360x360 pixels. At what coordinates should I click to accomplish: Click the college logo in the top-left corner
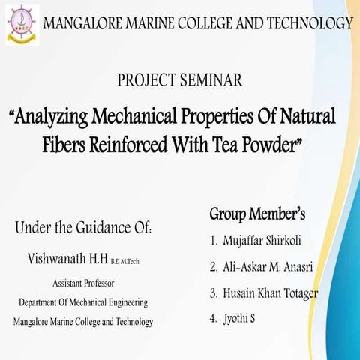pos(22,24)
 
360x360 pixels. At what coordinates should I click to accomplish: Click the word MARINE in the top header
pos(157,23)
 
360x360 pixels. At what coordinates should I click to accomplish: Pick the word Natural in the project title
pos(308,117)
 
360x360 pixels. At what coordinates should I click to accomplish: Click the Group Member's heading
pos(257,215)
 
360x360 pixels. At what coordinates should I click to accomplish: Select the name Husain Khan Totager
pos(271,292)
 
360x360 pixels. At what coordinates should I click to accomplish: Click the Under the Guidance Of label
pos(84,227)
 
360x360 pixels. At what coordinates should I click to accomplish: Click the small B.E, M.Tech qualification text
pos(125,261)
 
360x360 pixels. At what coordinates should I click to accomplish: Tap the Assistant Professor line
pos(83,284)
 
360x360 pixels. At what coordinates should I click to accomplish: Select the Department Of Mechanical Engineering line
pos(83,302)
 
